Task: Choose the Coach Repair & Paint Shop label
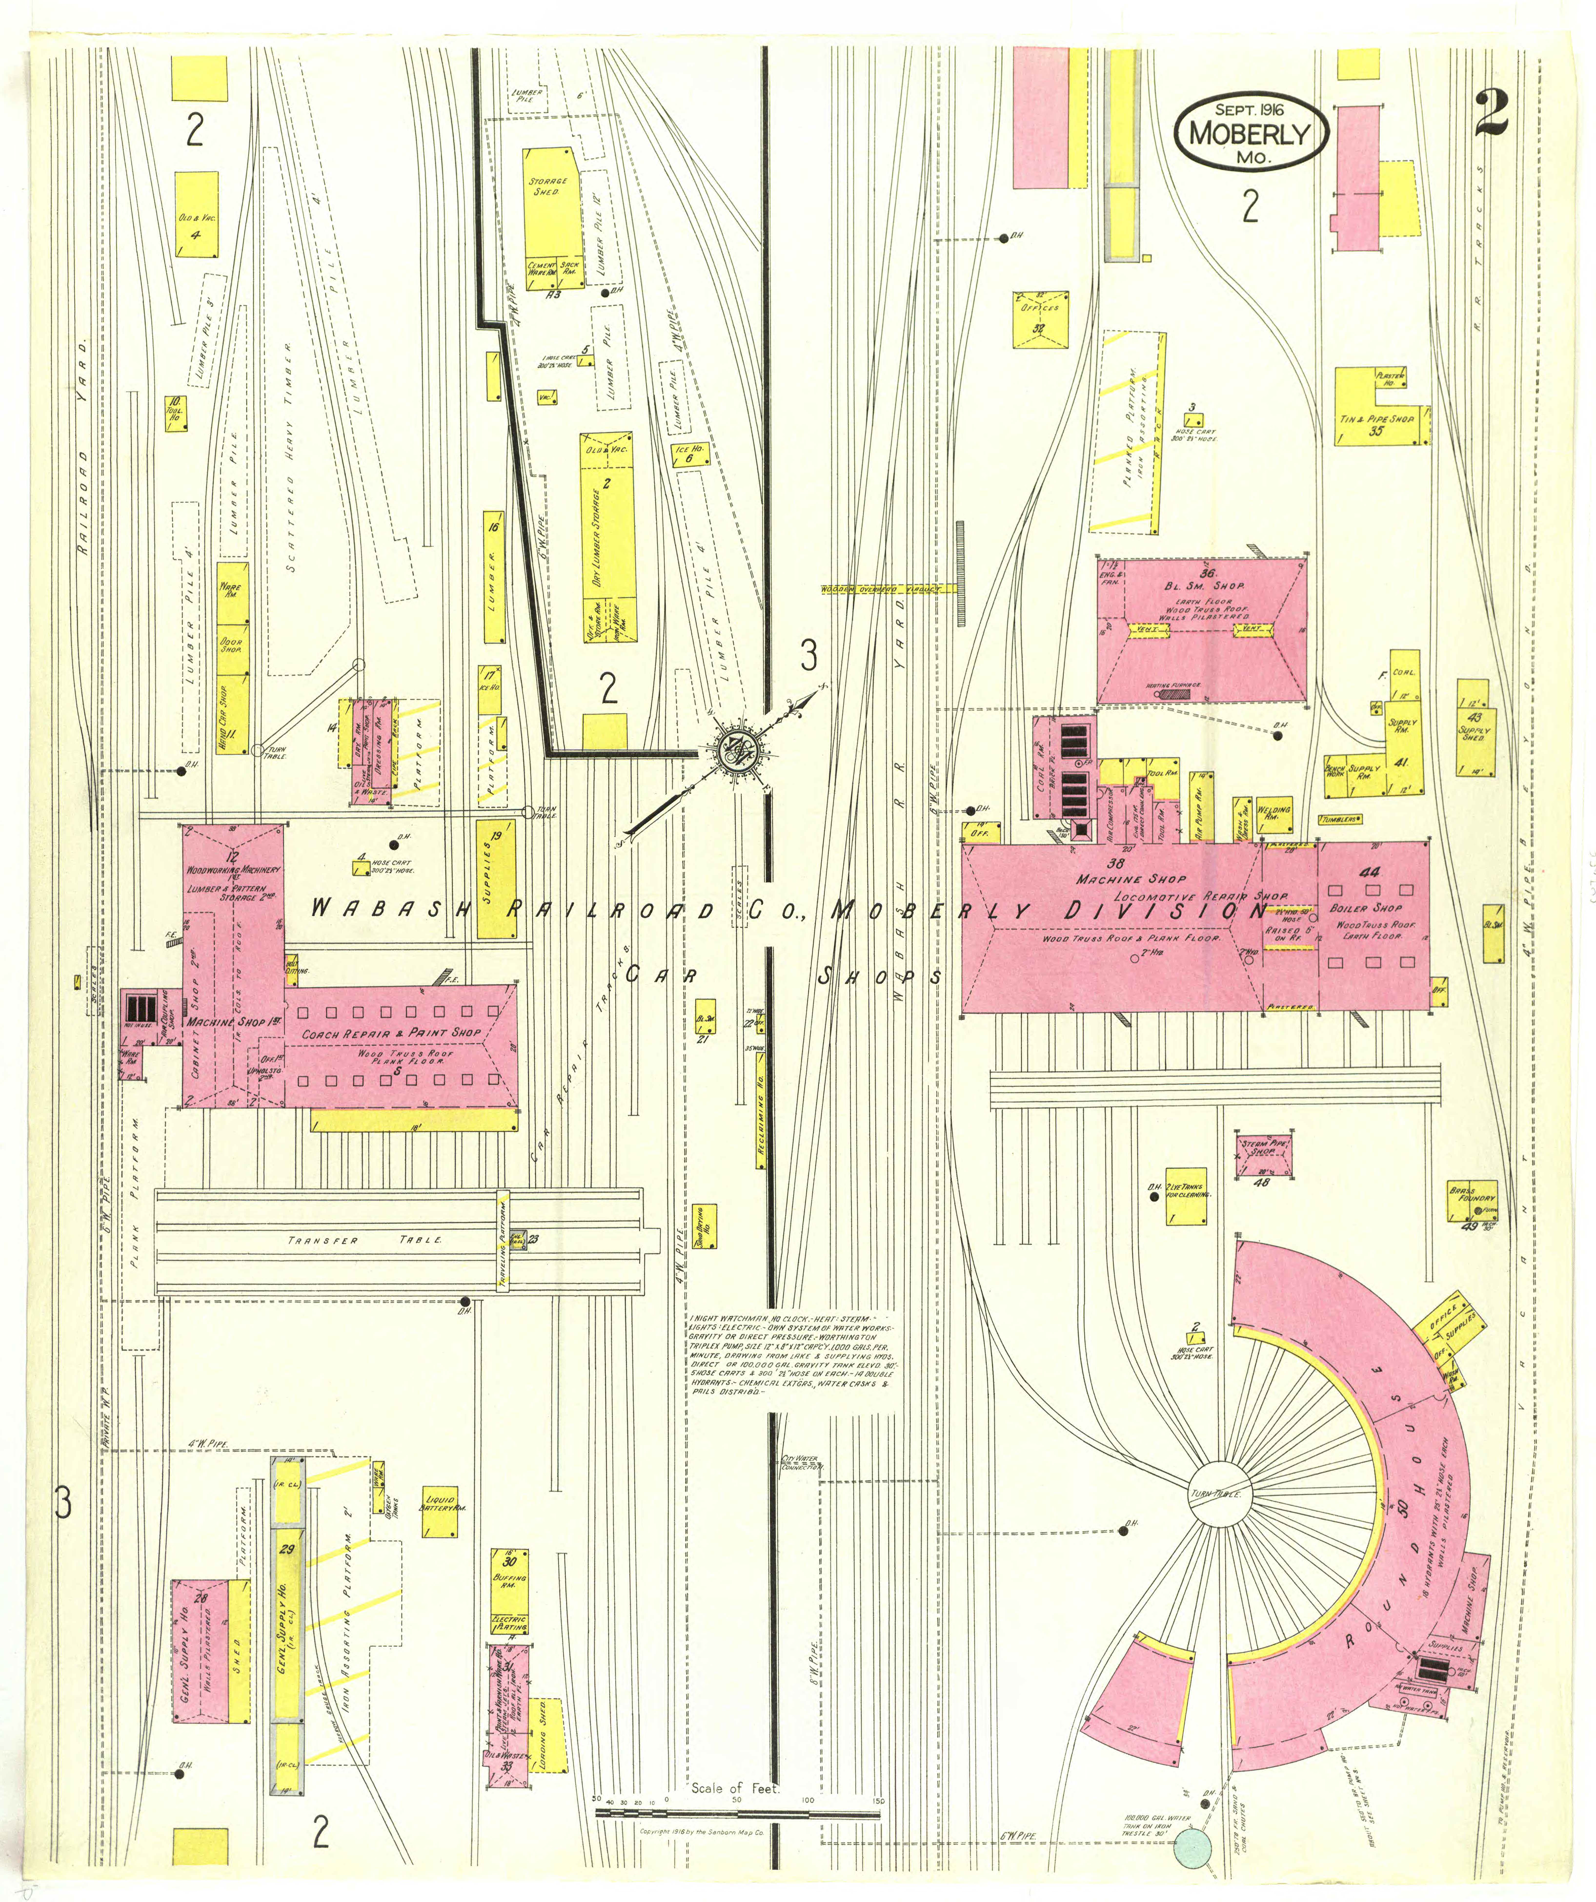[392, 1032]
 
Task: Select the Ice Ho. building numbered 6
[689, 453]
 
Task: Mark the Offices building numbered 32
[1039, 318]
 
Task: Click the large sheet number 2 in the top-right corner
[1490, 112]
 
